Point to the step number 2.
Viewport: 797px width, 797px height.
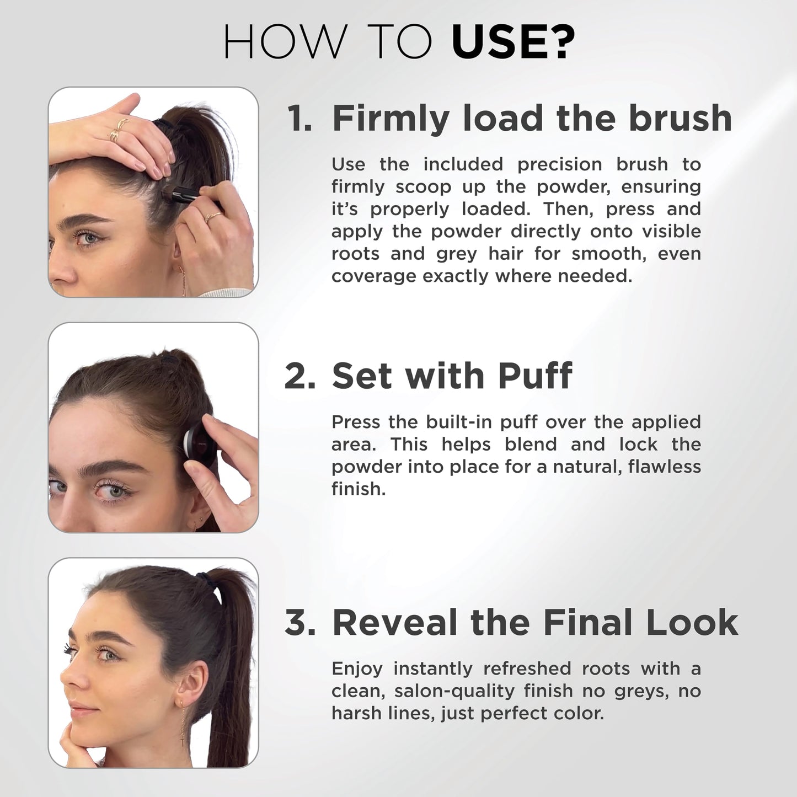[x=300, y=376]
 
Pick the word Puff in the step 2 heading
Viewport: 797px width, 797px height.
[x=534, y=376]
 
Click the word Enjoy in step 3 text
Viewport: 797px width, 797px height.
[x=356, y=669]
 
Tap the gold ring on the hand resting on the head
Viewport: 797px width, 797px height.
[x=117, y=130]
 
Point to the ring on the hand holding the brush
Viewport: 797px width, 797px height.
[x=211, y=217]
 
